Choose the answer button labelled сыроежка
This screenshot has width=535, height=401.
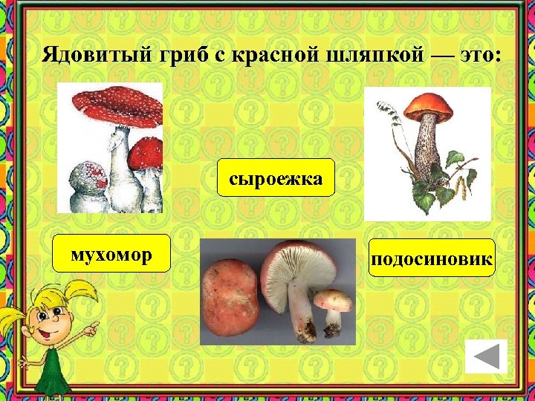(x=276, y=177)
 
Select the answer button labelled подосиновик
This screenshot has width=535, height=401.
(x=432, y=258)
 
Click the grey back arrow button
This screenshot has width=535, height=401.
(x=486, y=357)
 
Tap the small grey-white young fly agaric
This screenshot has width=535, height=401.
(x=85, y=182)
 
